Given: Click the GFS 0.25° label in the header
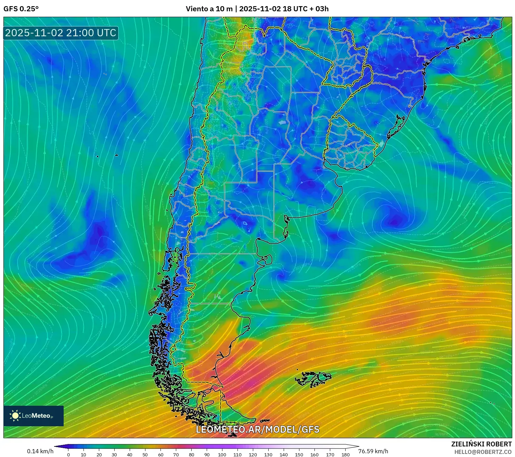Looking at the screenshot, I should (21, 9).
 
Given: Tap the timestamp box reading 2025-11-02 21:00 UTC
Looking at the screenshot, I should (61, 33).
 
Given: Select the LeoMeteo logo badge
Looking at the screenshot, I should (34, 416).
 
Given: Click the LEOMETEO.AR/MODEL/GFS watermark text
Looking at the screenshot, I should (257, 429).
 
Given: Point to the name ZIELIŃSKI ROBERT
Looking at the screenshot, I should (481, 444).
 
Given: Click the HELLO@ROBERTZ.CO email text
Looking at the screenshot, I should (483, 452).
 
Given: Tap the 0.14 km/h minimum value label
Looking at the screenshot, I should (40, 451).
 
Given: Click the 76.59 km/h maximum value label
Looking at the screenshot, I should (373, 451).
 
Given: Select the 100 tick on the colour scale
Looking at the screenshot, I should (222, 455).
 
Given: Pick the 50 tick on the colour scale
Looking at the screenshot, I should (145, 455).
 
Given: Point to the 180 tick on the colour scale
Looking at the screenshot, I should (345, 455).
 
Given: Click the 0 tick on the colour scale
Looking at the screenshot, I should (68, 455).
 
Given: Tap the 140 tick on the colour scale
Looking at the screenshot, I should (284, 455).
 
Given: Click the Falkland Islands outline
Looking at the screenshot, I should (313, 379).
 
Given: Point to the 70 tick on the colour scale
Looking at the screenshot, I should (176, 455).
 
